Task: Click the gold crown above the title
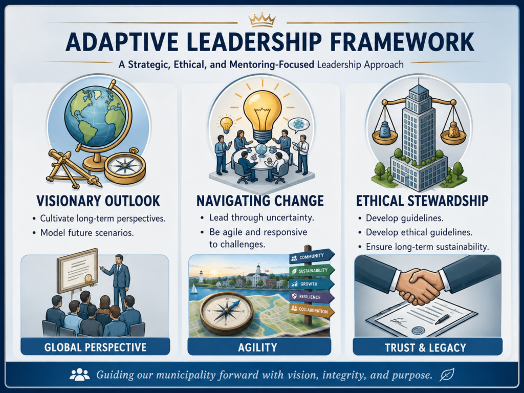(x=262, y=20)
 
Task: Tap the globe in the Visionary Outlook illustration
(x=95, y=116)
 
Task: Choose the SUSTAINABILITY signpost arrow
(x=312, y=270)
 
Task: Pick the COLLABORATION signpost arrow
(x=312, y=310)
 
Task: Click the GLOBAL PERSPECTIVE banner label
(x=95, y=347)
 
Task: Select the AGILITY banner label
(x=259, y=347)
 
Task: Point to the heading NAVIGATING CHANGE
(x=260, y=201)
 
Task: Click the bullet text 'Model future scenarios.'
(x=87, y=233)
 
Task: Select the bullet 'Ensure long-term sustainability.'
(x=427, y=247)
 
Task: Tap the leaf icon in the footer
(x=446, y=375)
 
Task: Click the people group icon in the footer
(x=79, y=375)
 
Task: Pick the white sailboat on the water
(x=194, y=289)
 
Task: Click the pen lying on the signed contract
(x=442, y=319)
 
